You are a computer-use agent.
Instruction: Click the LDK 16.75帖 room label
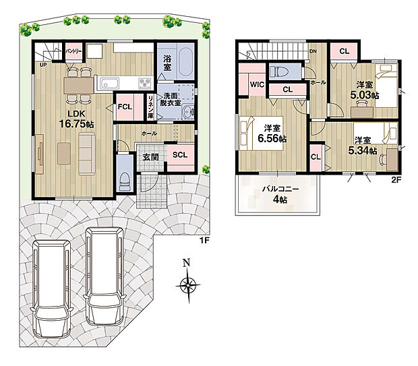point(76,119)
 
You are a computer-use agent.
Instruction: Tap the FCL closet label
point(125,107)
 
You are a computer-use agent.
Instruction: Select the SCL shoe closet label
point(180,155)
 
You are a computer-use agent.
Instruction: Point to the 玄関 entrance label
point(150,157)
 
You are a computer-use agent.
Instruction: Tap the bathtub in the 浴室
point(185,62)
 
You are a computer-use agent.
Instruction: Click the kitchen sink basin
point(109,84)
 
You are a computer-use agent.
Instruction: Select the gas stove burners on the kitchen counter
point(145,83)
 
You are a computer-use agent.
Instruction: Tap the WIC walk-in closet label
point(258,84)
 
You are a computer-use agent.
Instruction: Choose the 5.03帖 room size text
point(365,95)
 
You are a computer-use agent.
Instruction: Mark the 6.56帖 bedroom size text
point(272,138)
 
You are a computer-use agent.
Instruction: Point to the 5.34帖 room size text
point(363,150)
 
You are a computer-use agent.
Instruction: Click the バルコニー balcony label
point(280,189)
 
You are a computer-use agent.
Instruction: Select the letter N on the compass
point(186,263)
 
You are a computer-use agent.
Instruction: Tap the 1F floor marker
point(204,241)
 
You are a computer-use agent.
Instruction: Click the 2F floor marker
point(396,180)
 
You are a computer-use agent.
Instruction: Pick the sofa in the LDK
point(87,154)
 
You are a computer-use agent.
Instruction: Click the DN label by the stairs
point(313,51)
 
